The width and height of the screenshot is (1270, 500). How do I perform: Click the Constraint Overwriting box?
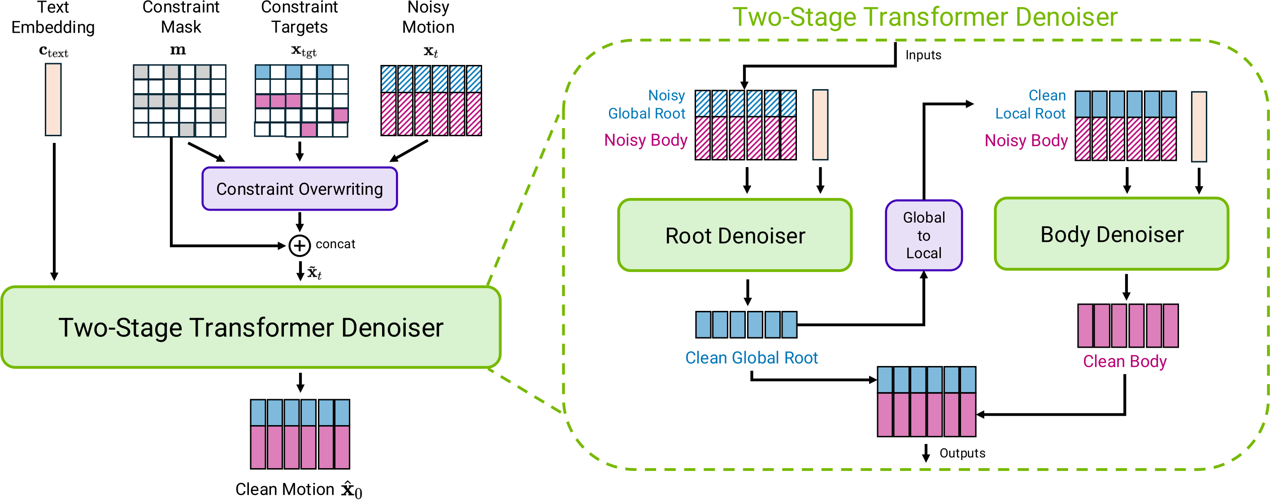tap(299, 189)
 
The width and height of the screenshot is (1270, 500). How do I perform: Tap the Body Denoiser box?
tap(1111, 234)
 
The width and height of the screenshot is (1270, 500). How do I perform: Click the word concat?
tap(335, 244)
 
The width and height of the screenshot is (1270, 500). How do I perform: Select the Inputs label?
tap(923, 55)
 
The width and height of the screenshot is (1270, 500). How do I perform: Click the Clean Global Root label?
tap(751, 358)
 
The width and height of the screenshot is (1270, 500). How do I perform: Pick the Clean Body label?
tap(1125, 362)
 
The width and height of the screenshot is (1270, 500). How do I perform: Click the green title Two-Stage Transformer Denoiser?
tap(924, 17)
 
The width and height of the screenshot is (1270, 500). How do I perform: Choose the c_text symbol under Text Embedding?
tap(53, 51)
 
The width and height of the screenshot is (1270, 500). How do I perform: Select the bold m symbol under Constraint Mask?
tap(178, 50)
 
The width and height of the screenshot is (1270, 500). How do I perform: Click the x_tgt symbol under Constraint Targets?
tap(304, 51)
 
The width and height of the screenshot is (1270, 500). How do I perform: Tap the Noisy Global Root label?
tap(647, 104)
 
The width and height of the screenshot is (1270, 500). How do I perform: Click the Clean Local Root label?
tap(1031, 104)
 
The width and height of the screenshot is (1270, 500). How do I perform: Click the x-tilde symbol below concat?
tap(314, 272)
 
